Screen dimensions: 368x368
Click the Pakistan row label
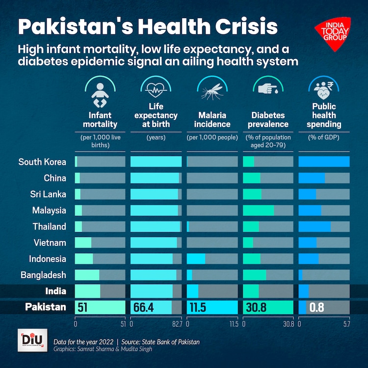coord(46,307)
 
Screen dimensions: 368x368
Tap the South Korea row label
coord(42,162)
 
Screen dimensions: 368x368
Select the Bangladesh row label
coord(43,275)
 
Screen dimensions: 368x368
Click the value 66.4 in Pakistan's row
coord(144,308)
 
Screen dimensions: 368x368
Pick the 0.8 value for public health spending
coord(317,308)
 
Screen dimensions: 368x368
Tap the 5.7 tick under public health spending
coord(346,324)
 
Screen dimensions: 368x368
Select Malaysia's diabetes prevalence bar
coord(259,210)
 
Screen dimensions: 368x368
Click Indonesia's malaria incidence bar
coord(196,259)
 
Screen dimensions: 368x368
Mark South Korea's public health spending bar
coord(324,162)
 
